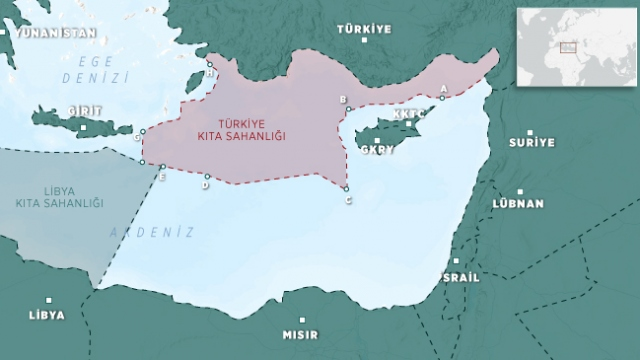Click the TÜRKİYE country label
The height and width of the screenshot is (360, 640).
click(x=363, y=29)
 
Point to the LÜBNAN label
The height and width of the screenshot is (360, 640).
click(x=518, y=203)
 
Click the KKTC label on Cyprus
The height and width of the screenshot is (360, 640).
click(x=410, y=115)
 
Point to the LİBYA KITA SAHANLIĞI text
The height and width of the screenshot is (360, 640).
click(x=59, y=197)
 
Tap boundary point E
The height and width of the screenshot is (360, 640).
click(x=162, y=167)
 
